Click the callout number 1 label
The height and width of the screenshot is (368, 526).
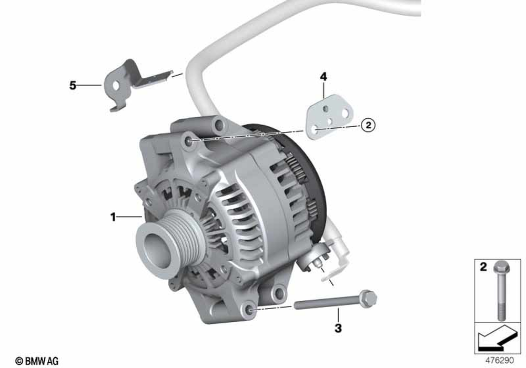113,217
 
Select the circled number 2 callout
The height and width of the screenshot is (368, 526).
368,125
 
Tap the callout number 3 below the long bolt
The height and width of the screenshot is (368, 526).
338,328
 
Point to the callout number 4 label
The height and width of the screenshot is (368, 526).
323,77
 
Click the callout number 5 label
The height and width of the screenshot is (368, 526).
73,86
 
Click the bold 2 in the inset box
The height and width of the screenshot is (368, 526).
483,267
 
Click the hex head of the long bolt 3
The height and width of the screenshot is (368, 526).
368,298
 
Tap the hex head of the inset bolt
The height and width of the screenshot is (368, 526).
501,267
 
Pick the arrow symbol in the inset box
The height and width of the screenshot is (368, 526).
497,338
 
